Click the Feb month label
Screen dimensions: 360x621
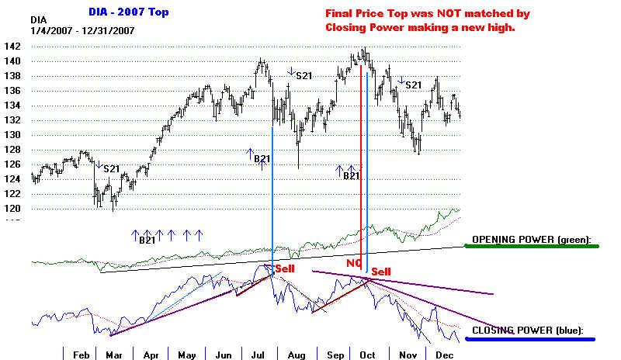pyautogui.click(x=81, y=354)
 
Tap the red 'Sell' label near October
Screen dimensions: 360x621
pyautogui.click(x=380, y=272)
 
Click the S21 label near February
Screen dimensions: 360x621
pyautogui.click(x=111, y=168)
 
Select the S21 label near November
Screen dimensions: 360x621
pyautogui.click(x=413, y=85)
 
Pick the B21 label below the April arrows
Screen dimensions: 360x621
pyautogui.click(x=147, y=241)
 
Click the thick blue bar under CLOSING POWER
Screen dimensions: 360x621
pyautogui.click(x=531, y=338)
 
